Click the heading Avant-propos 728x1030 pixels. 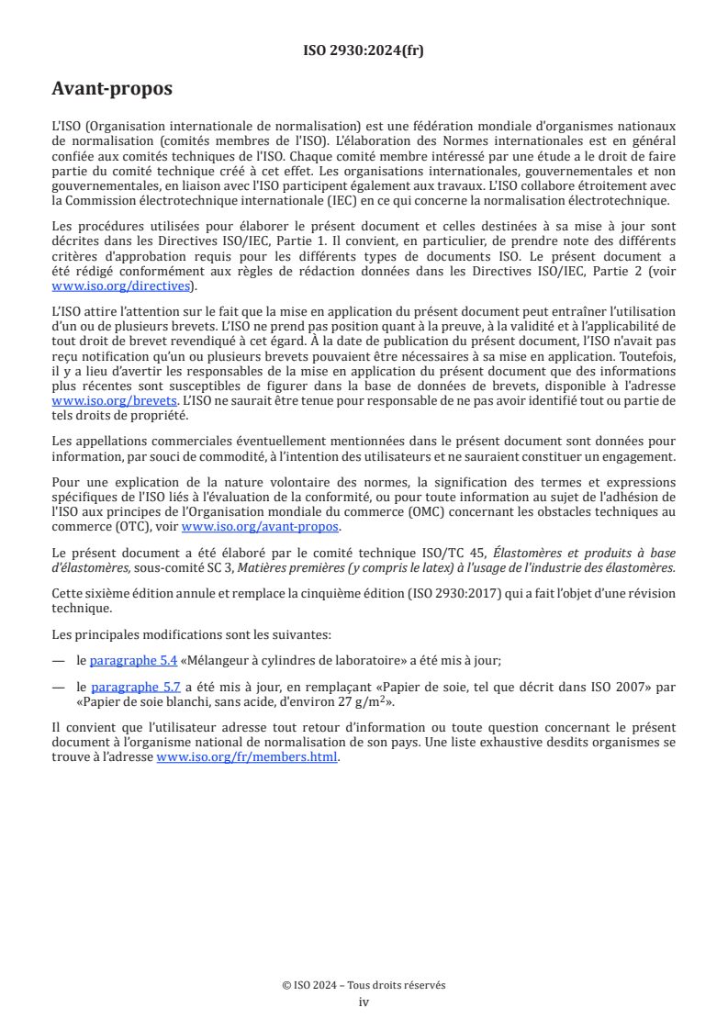112,90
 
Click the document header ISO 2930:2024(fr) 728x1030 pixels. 364,51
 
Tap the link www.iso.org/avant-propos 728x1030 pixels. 261,526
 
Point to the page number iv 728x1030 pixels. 364,1002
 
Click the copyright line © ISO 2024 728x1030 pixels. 364,985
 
